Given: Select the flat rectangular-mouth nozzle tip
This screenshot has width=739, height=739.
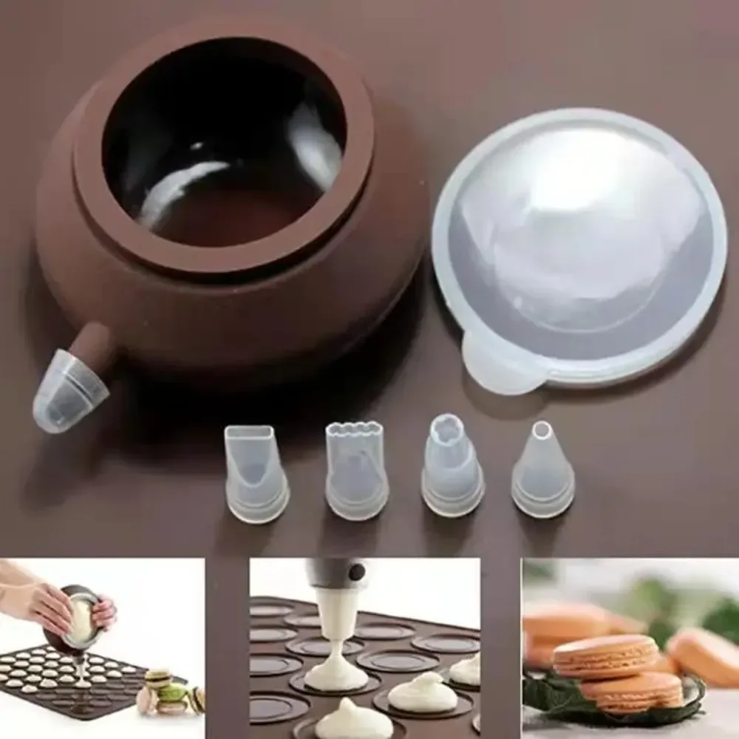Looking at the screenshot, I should [x=255, y=474].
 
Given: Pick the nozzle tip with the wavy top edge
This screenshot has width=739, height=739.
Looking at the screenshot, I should [x=356, y=469].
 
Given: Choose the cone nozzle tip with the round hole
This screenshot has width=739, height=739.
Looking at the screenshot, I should [x=542, y=469].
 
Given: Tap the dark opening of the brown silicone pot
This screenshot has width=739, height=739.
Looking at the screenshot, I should [x=222, y=148].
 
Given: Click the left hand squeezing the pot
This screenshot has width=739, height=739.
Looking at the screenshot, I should [x=37, y=602].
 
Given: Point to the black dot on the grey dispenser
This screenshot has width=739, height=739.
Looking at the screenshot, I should [x=358, y=571].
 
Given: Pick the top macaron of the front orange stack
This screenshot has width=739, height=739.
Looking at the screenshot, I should [x=605, y=654].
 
